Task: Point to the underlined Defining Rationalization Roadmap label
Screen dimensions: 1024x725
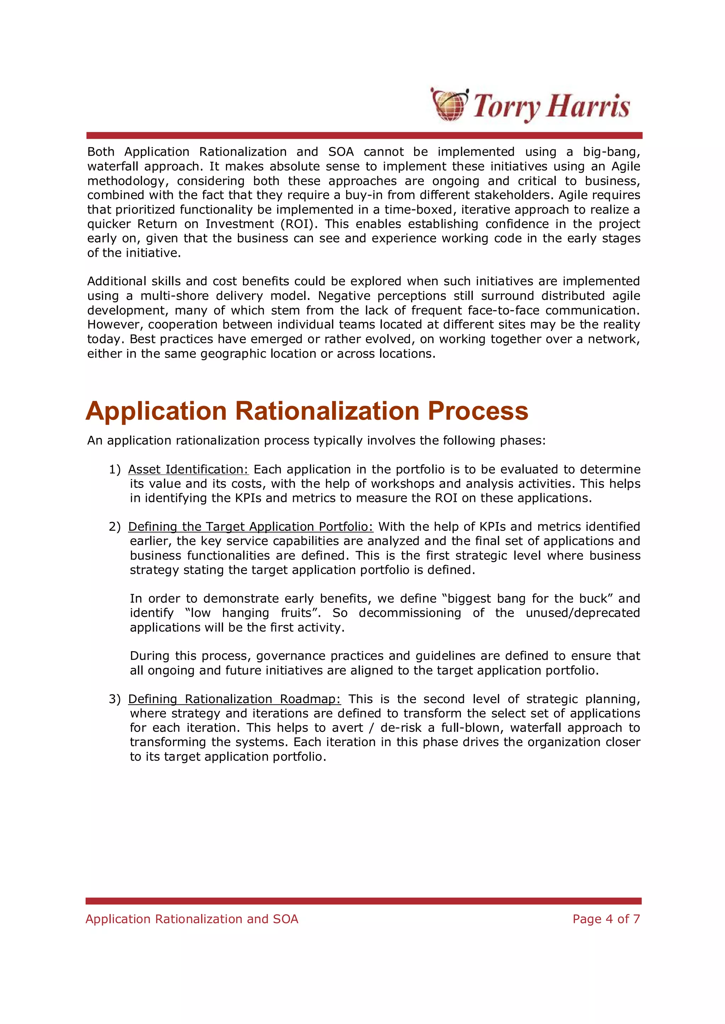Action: [234, 699]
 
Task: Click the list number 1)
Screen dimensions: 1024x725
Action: [115, 470]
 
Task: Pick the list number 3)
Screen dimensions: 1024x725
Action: [115, 699]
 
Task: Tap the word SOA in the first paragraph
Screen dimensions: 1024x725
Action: [341, 152]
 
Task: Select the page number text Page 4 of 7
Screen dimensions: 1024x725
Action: [606, 919]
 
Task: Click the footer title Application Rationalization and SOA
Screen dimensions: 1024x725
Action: [192, 919]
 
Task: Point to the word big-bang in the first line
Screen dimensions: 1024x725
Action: [612, 152]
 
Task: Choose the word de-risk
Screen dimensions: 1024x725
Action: [401, 728]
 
